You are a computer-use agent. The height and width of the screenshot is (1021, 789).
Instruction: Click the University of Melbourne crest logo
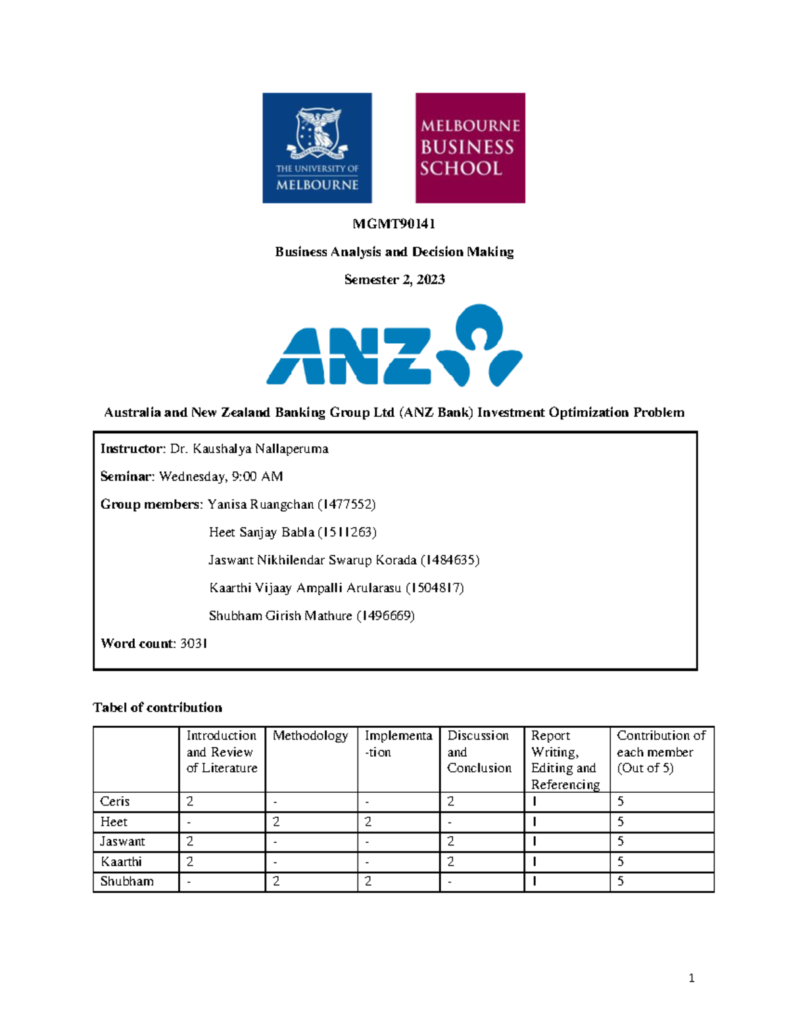click(317, 148)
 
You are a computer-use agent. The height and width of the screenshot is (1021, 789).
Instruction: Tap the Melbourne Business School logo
click(470, 148)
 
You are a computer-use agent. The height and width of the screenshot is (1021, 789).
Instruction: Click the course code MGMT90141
click(394, 224)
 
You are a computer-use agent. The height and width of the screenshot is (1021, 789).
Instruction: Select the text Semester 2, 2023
click(394, 280)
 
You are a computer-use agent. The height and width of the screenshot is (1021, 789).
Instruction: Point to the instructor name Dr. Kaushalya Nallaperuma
click(249, 449)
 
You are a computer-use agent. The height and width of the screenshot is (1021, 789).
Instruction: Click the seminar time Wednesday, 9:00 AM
click(221, 477)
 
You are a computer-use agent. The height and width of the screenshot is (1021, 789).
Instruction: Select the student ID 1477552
click(347, 505)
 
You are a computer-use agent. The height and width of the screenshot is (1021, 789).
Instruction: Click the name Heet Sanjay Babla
click(261, 533)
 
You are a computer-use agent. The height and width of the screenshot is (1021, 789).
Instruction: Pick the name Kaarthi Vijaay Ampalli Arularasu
click(305, 588)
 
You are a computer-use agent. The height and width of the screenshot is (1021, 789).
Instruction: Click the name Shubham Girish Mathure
click(280, 616)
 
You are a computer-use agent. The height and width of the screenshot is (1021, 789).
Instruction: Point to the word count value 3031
click(194, 644)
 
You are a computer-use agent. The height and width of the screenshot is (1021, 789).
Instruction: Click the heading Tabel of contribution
click(158, 708)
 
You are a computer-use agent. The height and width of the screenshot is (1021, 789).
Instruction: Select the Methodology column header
click(310, 736)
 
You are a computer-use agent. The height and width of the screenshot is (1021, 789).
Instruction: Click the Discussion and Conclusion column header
click(479, 752)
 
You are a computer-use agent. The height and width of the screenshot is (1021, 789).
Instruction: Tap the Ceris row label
click(115, 802)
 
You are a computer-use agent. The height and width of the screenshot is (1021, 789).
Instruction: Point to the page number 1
click(691, 978)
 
